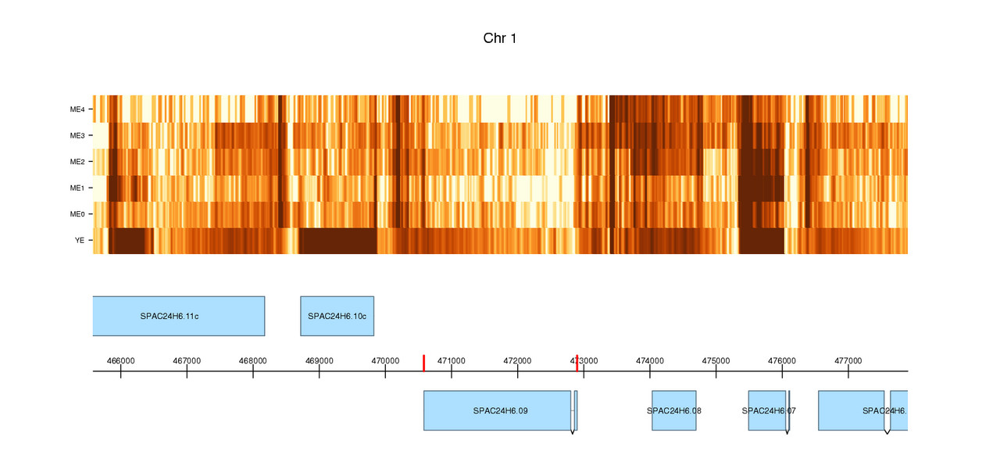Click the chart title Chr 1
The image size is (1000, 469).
tap(500, 38)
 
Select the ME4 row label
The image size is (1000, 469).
tap(77, 109)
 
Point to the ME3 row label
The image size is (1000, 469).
tap(77, 136)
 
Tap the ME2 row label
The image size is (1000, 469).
tap(77, 162)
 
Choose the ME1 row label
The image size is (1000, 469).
tap(77, 188)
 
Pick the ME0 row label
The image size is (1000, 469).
tap(77, 214)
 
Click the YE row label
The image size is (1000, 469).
tap(80, 241)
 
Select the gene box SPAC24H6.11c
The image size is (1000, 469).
tap(178, 316)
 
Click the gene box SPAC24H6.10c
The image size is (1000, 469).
tap(337, 316)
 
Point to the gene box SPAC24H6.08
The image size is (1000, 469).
tap(674, 410)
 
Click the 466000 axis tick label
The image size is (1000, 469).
tap(120, 360)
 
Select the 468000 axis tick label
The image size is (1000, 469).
tap(252, 360)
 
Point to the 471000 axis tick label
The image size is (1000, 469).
tap(452, 360)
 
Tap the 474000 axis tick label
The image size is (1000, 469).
tap(650, 360)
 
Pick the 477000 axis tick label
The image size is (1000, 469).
tap(848, 360)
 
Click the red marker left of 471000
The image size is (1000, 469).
tap(423, 363)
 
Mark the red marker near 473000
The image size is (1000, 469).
tap(577, 363)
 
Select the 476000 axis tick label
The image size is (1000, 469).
tap(782, 360)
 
